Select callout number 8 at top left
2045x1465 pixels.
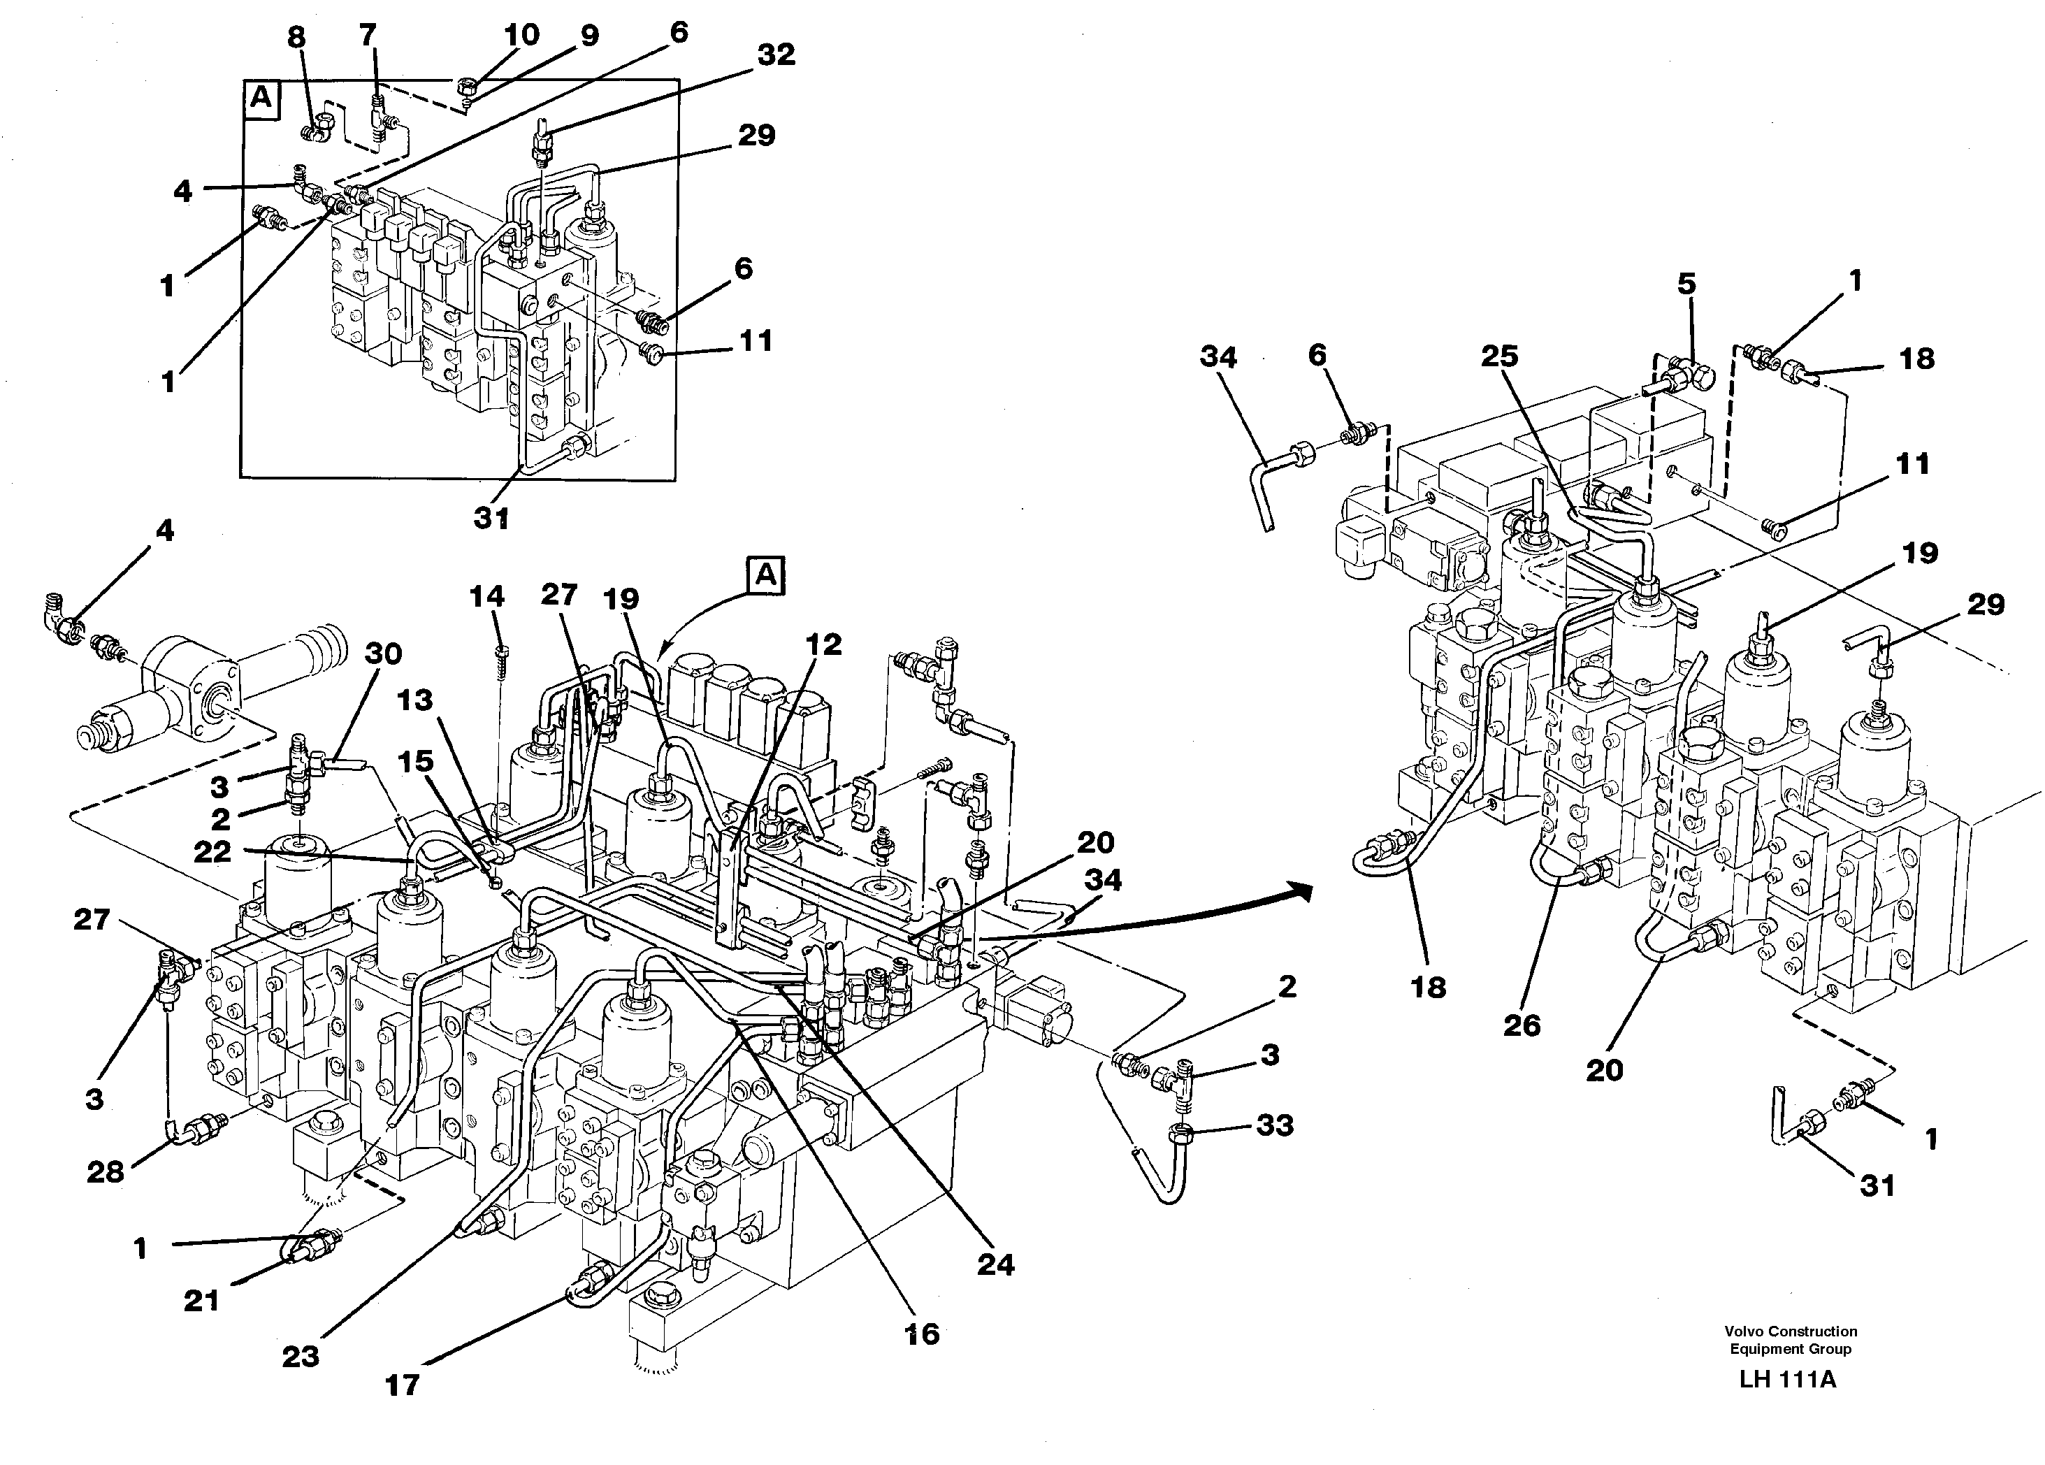point(296,36)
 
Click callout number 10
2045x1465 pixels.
point(521,35)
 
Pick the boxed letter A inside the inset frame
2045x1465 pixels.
point(261,97)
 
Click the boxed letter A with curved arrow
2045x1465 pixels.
point(765,576)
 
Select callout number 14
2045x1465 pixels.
point(487,596)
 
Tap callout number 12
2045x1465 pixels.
point(823,644)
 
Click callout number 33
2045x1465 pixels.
point(1274,1125)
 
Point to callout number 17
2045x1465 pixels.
point(402,1385)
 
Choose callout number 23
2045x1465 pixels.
point(301,1356)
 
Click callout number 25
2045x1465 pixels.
point(1499,356)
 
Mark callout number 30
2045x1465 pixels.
point(382,653)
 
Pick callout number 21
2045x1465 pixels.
point(201,1300)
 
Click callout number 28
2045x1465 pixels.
point(105,1172)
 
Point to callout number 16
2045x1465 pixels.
point(922,1334)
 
